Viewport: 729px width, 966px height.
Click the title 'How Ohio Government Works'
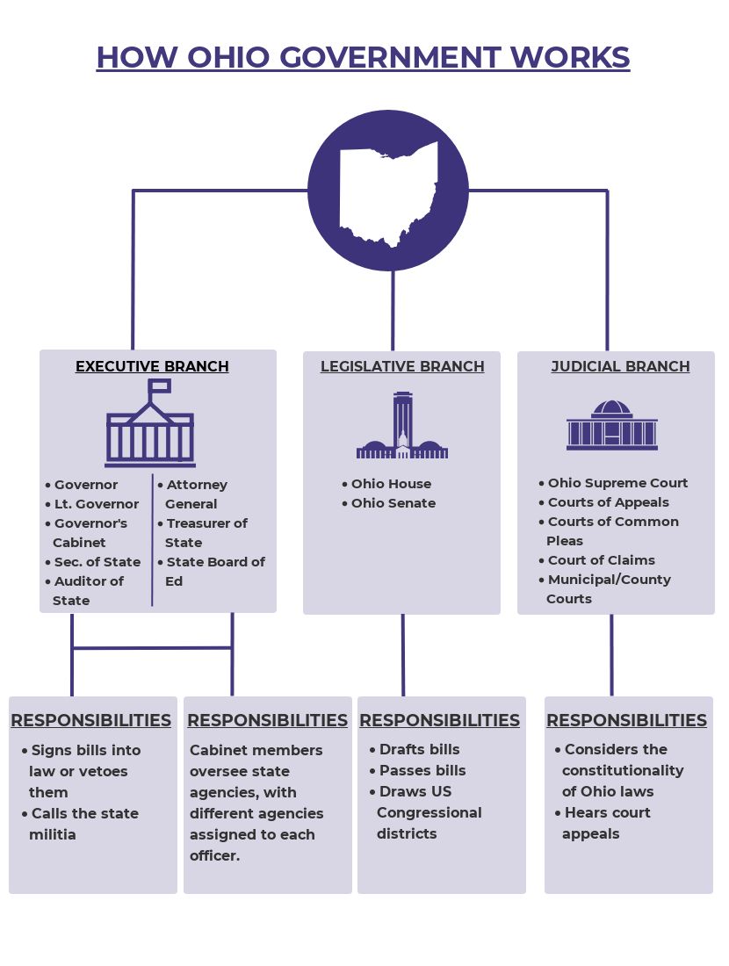pos(363,57)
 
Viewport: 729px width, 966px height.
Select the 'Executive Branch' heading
pos(152,366)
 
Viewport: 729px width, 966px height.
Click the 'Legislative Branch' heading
pos(402,366)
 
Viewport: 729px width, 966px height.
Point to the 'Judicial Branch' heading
pos(621,366)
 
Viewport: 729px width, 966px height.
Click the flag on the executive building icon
pos(160,386)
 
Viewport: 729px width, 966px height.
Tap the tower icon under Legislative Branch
pos(402,425)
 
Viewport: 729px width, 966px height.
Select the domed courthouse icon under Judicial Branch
pos(612,425)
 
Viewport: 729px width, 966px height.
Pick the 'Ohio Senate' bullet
pos(389,503)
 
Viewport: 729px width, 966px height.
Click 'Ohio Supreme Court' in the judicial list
pos(613,483)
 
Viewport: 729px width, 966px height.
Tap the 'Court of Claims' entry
pos(596,560)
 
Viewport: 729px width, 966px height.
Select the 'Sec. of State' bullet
pos(93,562)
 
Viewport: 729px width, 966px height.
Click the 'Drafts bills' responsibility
pos(415,749)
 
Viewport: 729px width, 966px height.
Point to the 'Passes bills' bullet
pos(418,770)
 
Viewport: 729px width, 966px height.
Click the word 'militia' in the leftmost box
pos(53,834)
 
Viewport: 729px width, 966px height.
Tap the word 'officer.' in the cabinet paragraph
pos(215,855)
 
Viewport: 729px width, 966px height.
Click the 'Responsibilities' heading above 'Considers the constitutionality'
pos(627,720)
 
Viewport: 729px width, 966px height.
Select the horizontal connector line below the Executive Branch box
pos(152,648)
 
